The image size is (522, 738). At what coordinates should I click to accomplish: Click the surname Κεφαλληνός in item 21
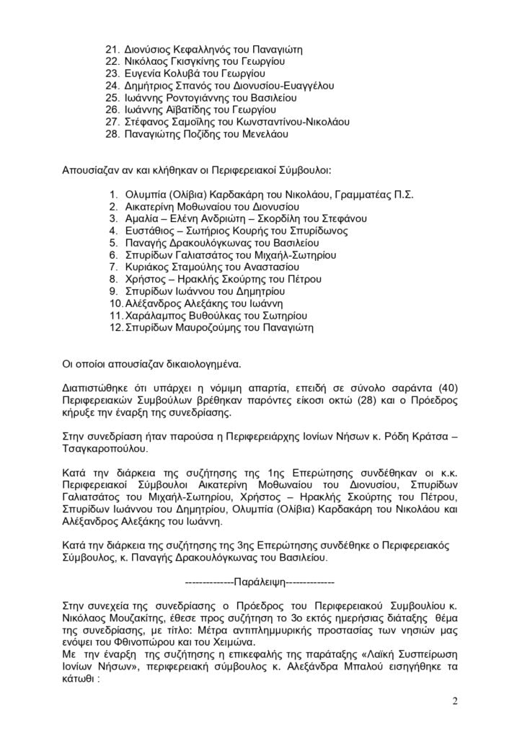pyautogui.click(x=199, y=50)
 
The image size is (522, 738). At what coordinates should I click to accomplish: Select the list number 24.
pyautogui.click(x=112, y=86)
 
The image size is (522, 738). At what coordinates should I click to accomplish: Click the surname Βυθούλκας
pyautogui.click(x=209, y=315)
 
